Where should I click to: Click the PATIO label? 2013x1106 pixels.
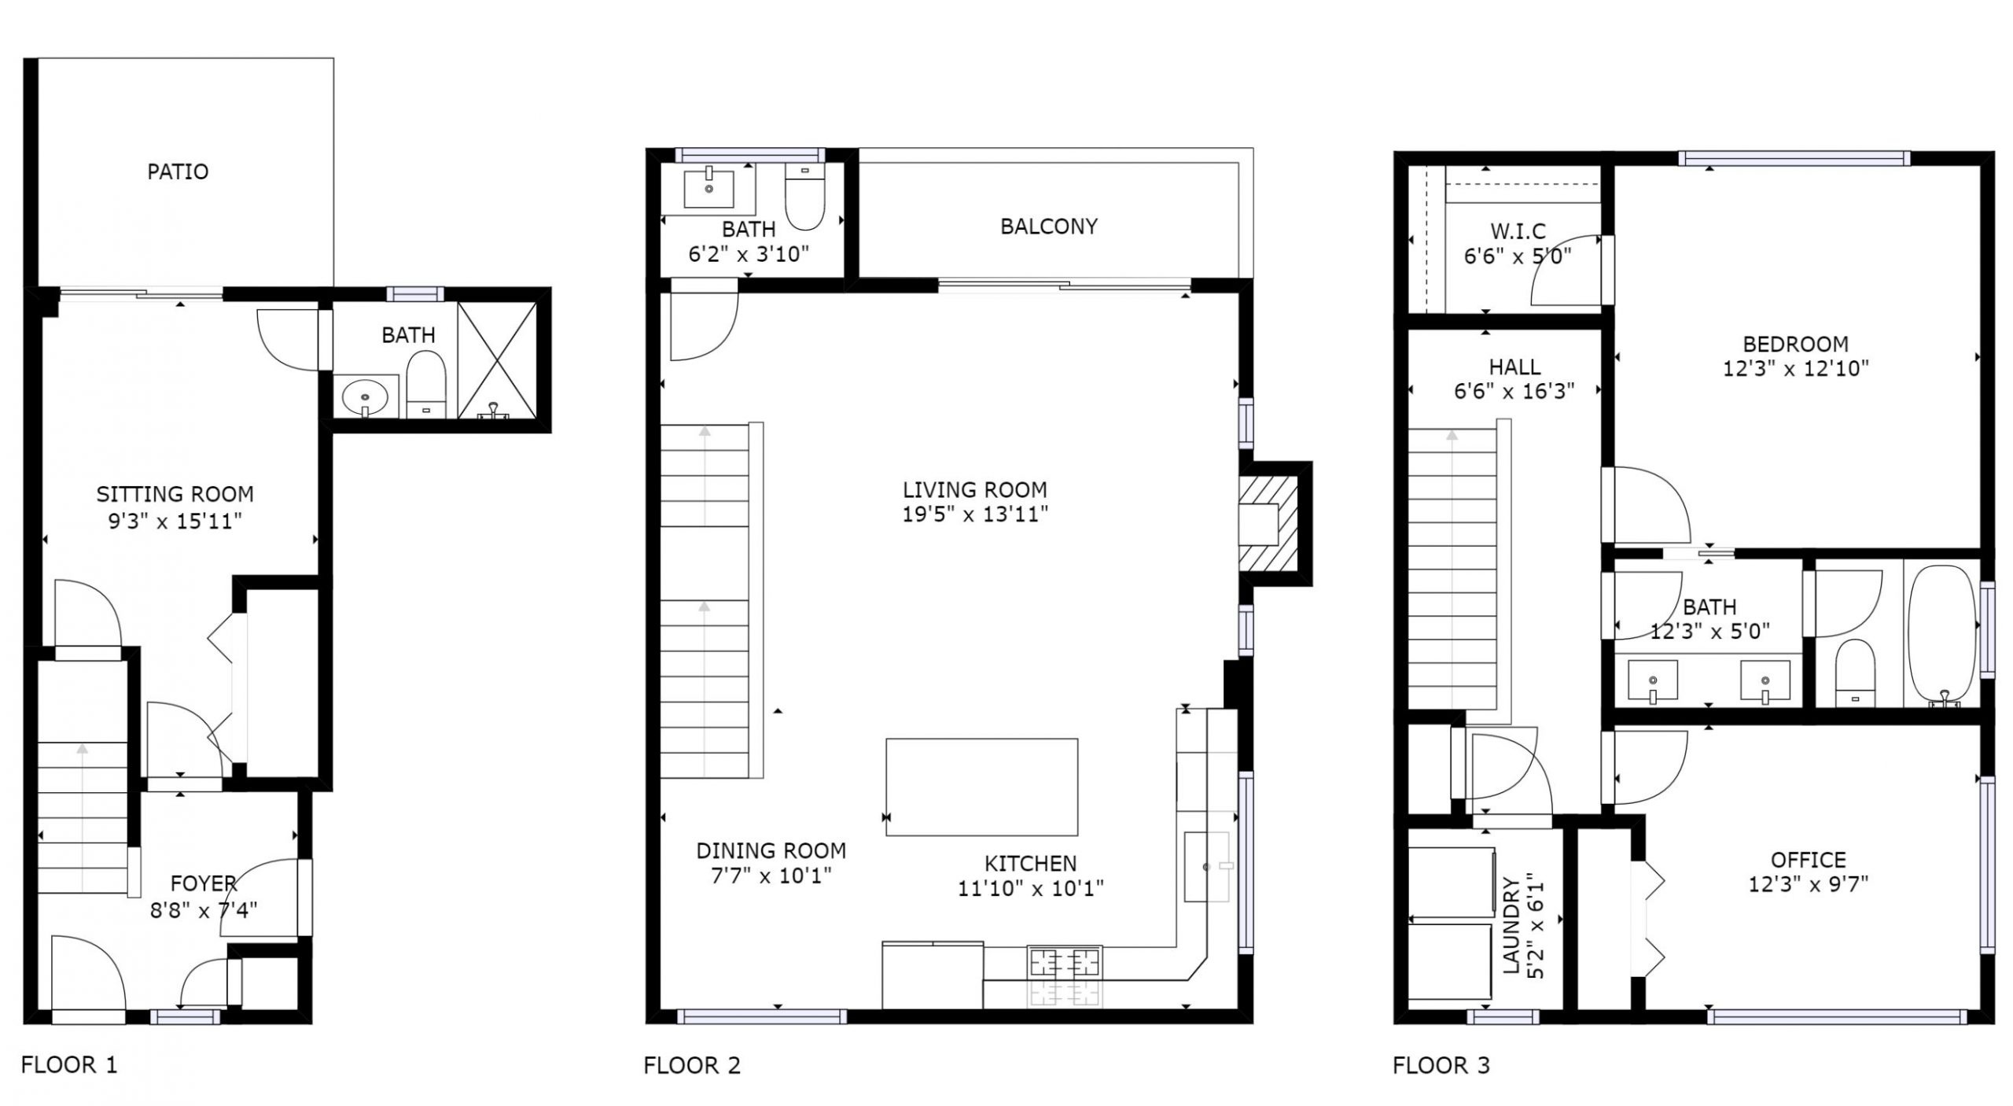tap(178, 171)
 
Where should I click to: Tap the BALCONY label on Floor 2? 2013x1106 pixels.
tap(1048, 227)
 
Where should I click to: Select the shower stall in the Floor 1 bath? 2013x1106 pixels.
tap(497, 360)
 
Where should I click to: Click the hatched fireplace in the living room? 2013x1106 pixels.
tap(1267, 524)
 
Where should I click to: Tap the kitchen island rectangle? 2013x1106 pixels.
tap(981, 787)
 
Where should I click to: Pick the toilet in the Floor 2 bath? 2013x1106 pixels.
tap(804, 197)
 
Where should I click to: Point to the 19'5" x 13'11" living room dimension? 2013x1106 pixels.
tap(975, 514)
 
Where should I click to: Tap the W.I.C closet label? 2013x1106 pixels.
tap(1517, 231)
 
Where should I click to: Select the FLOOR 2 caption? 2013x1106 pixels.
tap(692, 1065)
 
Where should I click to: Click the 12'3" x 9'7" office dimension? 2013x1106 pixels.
tap(1808, 884)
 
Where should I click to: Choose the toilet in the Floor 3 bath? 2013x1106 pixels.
tap(1855, 672)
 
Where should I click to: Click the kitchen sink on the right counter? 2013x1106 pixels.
tap(1207, 867)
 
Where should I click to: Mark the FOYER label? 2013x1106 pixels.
tap(204, 883)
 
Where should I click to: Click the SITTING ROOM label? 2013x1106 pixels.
tap(175, 494)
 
